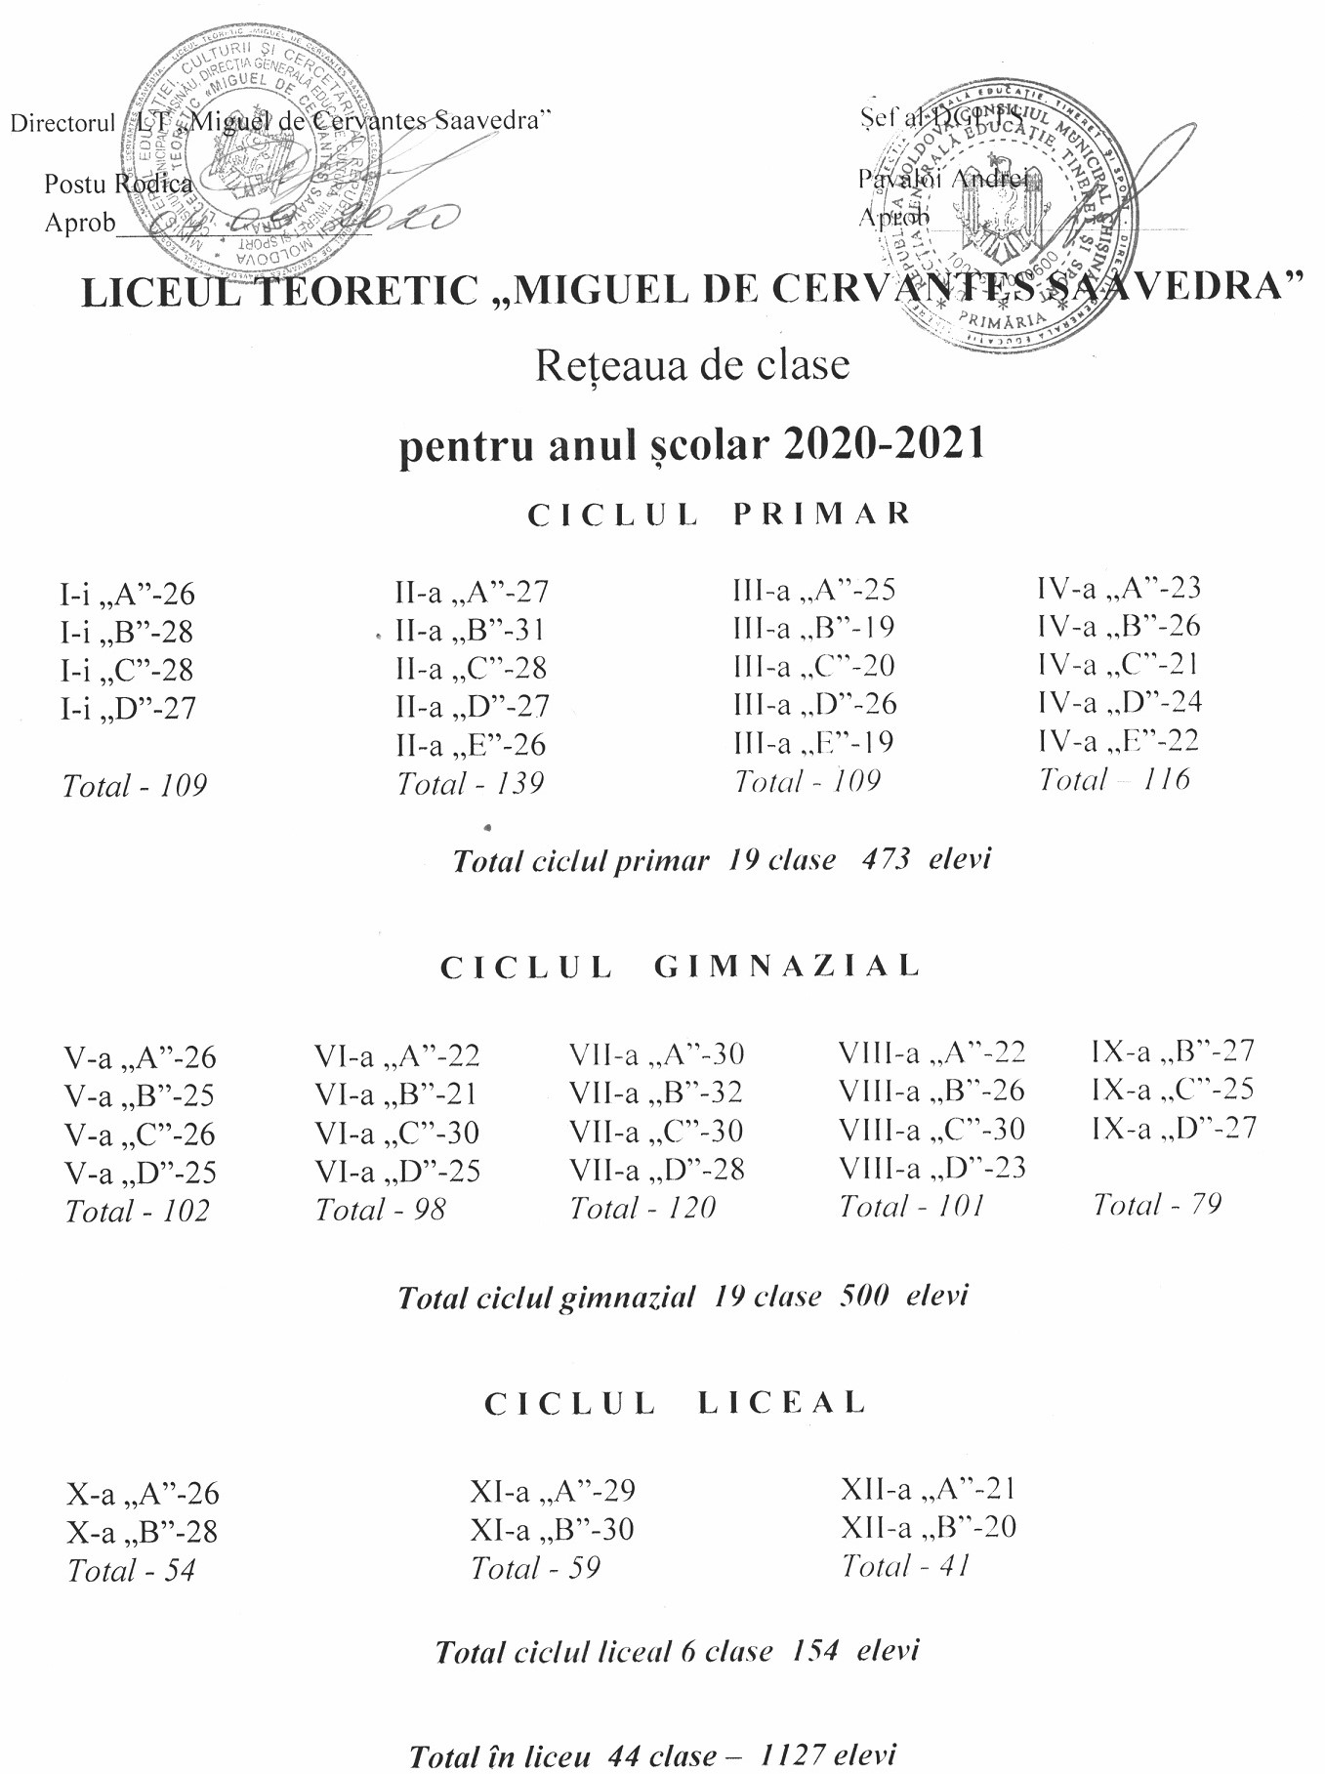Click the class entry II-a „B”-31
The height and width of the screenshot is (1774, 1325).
tap(470, 631)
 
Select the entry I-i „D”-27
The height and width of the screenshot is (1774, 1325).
tap(128, 708)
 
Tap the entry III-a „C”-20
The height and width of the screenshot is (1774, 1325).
tap(813, 666)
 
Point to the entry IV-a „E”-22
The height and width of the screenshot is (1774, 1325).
tap(1118, 741)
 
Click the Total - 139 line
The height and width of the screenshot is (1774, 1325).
tap(470, 783)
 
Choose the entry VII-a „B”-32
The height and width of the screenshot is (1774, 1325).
tap(656, 1092)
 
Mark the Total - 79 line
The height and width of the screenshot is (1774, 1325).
tap(1157, 1204)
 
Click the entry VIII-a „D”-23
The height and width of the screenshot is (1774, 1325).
tap(932, 1168)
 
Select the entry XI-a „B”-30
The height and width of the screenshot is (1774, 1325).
tap(552, 1529)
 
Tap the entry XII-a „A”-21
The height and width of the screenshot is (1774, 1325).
tap(929, 1489)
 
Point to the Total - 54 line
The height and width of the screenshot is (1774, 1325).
tap(131, 1570)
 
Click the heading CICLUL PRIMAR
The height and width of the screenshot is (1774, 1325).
tap(720, 515)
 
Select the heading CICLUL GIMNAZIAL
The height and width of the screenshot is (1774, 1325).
tap(681, 967)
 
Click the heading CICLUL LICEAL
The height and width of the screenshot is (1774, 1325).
tap(675, 1403)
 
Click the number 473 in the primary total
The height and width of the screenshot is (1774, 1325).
tap(886, 859)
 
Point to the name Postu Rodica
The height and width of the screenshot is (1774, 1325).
tap(118, 184)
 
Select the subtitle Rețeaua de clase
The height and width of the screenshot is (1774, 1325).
tap(692, 365)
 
